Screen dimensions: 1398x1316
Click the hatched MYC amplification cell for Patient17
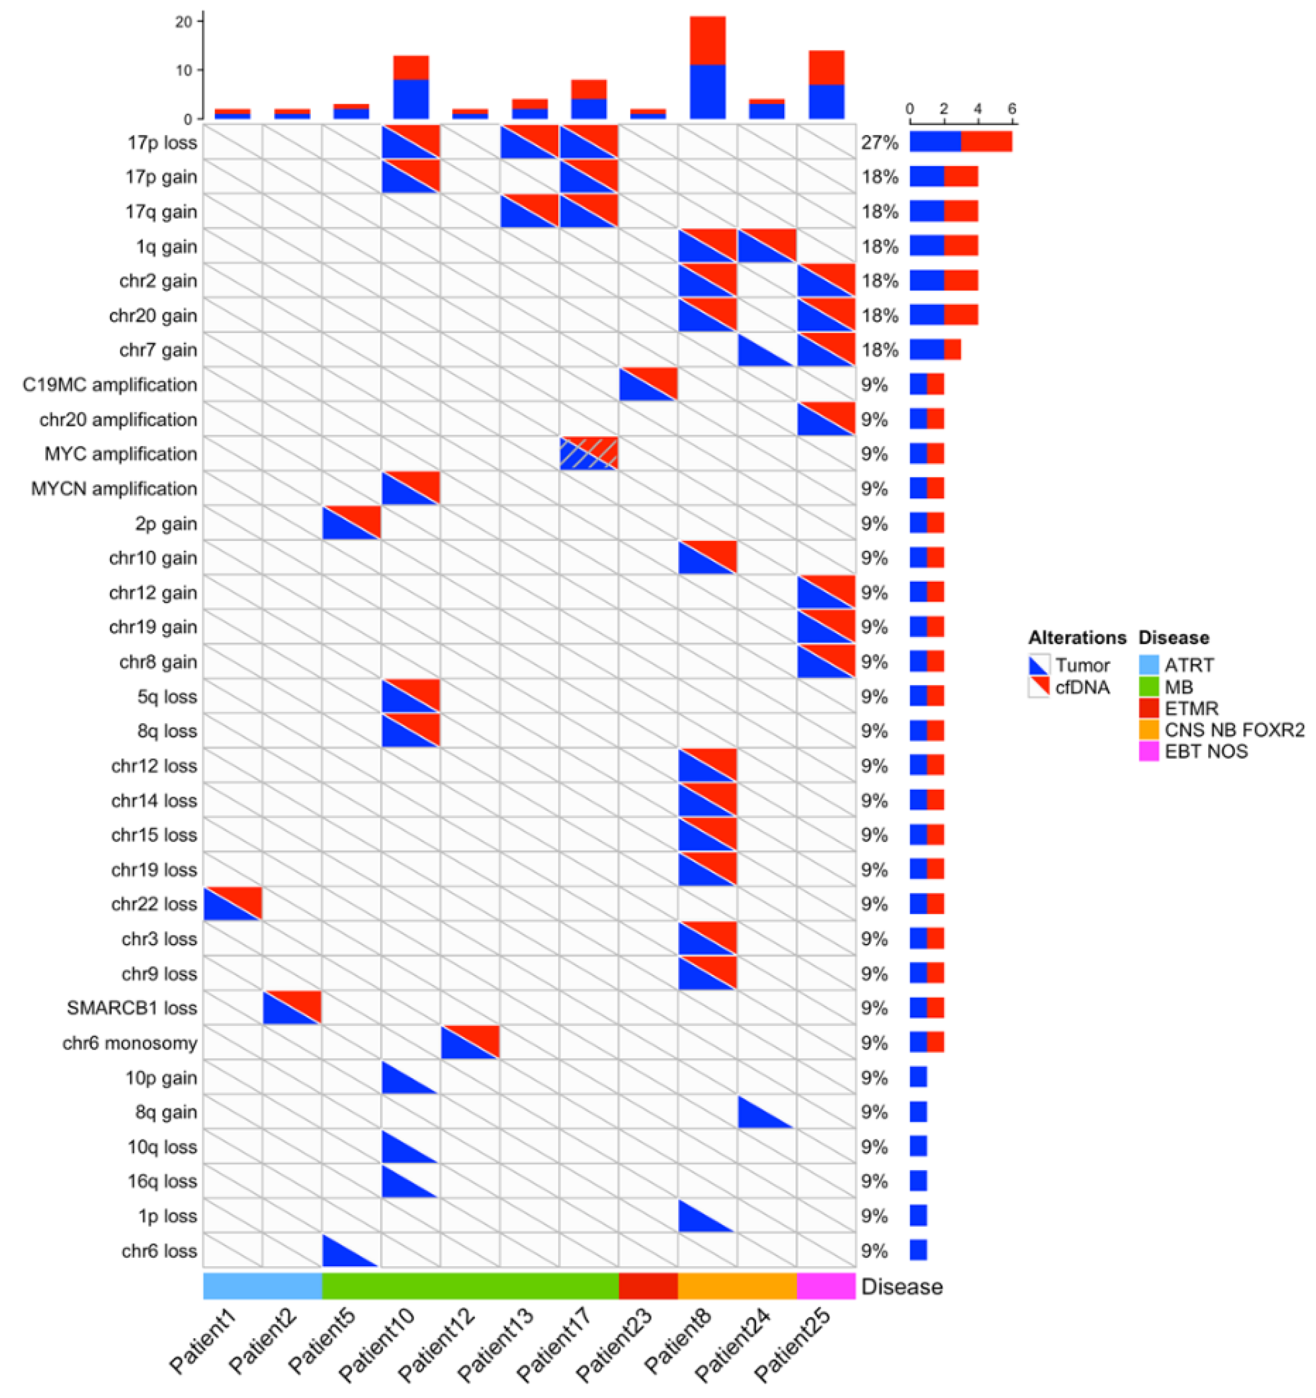(588, 454)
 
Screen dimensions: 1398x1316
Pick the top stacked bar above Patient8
(707, 67)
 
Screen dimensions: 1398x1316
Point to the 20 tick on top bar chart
(184, 22)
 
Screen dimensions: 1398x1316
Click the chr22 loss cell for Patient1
(232, 904)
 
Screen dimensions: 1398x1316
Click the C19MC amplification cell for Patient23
(648, 384)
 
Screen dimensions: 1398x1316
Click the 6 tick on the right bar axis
(1011, 109)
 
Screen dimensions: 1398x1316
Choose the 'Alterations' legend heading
(1076, 638)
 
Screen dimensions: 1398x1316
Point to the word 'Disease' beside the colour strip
(901, 1286)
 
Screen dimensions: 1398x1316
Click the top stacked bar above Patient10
(411, 88)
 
